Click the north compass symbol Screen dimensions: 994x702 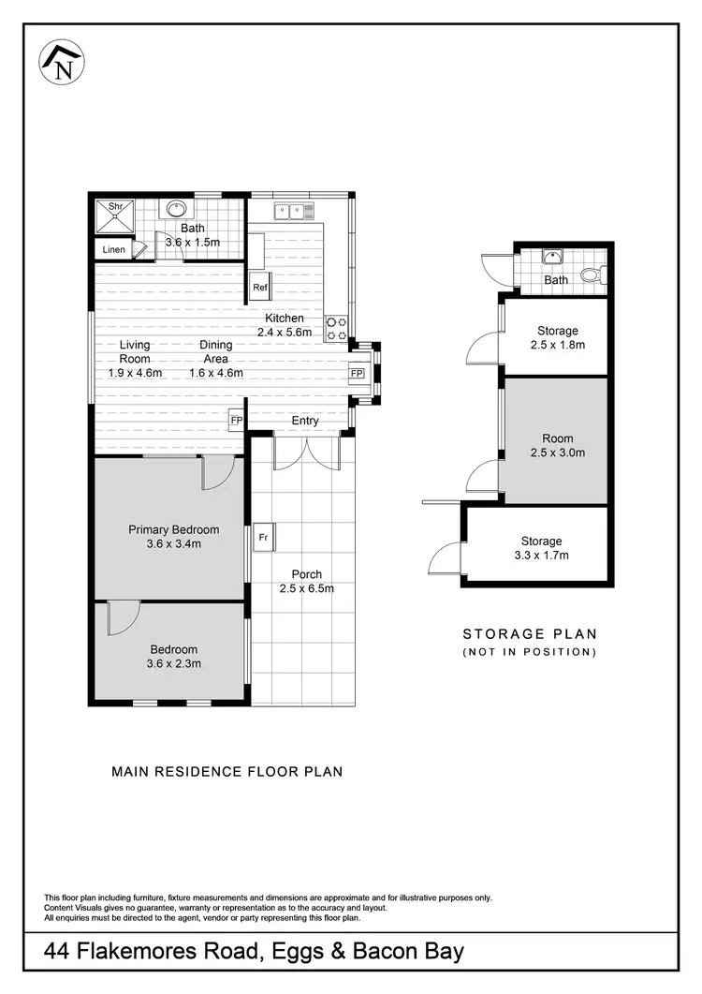pos(62,63)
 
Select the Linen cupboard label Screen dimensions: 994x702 pos(113,250)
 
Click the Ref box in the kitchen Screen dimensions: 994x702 pos(259,288)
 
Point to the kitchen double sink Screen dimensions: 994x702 pos(293,211)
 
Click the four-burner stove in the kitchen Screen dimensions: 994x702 pos(336,328)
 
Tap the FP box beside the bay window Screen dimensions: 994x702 pos(357,374)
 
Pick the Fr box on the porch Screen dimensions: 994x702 pos(263,538)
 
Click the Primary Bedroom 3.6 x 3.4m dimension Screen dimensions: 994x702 pos(173,543)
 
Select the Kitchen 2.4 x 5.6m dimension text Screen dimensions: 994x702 pos(285,332)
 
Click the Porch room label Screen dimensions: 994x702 pos(306,574)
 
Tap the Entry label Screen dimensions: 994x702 pos(305,421)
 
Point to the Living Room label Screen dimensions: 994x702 pos(135,351)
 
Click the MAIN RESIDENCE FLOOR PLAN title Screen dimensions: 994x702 pos(227,772)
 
